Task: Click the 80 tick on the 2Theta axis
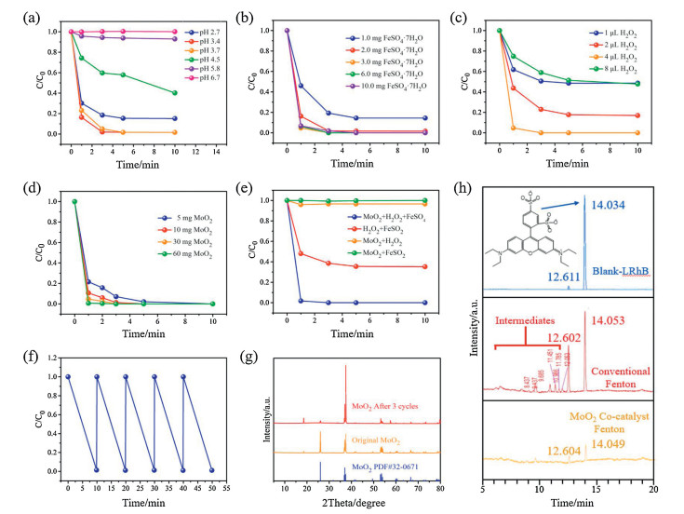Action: click(439, 487)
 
